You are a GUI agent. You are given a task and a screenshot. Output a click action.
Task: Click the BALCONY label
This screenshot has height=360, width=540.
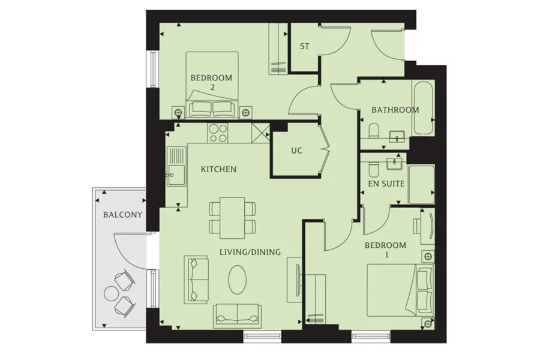tap(122, 215)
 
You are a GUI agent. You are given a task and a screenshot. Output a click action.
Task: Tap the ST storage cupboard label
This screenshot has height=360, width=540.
tap(304, 46)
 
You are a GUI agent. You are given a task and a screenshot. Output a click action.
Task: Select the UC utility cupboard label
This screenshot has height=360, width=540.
tap(296, 151)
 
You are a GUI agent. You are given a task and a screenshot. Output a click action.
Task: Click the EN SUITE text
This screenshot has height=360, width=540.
tap(386, 184)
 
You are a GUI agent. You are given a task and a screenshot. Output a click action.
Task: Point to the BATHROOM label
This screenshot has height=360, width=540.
tap(395, 110)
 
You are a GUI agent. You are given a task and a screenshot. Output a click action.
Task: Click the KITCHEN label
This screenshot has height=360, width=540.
tap(218, 170)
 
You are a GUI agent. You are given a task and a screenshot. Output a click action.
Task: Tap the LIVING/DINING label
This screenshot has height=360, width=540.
tap(250, 252)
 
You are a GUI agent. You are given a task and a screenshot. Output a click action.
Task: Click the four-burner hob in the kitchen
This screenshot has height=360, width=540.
tap(218, 133)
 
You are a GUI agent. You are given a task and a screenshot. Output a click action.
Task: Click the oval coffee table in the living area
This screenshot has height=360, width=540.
tap(237, 279)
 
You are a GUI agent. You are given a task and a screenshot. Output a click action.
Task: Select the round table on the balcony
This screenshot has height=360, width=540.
tap(112, 293)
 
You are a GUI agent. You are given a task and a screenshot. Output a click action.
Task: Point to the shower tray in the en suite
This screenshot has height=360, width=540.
tap(421, 184)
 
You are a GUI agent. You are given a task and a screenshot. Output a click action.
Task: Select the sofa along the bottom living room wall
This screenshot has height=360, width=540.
tap(237, 314)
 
